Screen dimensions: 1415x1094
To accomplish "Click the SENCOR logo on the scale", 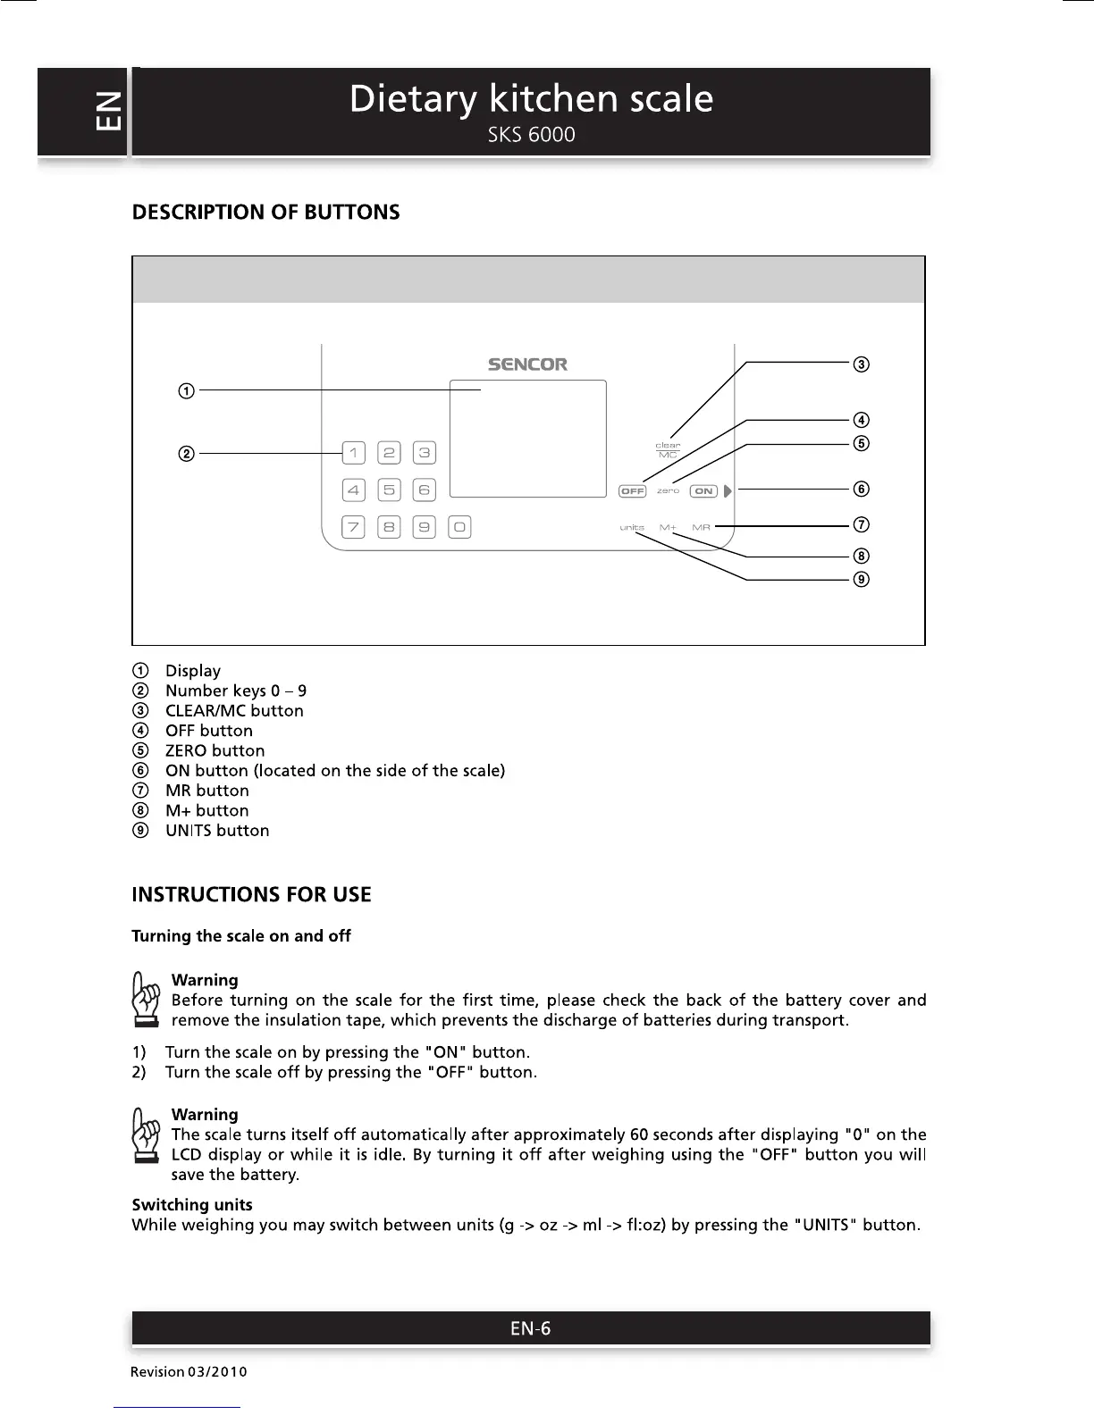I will (527, 364).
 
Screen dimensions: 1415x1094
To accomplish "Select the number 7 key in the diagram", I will (354, 527).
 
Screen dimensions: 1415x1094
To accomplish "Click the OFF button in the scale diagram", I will (632, 491).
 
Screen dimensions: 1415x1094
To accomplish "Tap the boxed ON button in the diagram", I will (704, 491).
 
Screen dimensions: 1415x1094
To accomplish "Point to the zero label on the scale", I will (669, 491).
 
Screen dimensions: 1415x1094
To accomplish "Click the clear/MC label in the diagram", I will (668, 450).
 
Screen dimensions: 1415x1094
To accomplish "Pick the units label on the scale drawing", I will (632, 528).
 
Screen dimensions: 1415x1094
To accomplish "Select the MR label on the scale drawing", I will (701, 528).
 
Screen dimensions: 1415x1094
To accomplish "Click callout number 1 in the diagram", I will (186, 390).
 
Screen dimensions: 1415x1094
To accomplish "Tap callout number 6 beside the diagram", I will (861, 489).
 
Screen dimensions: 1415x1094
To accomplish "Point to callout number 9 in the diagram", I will (861, 579).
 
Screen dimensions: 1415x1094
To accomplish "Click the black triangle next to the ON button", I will (728, 491).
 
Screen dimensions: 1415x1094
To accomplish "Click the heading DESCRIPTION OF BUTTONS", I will (265, 213).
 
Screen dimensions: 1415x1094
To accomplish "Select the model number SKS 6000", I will (531, 135).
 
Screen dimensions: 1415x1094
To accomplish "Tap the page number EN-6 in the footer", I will (530, 1328).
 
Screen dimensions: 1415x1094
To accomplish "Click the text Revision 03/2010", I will (189, 1371).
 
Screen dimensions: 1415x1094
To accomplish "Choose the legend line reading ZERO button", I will (215, 750).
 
